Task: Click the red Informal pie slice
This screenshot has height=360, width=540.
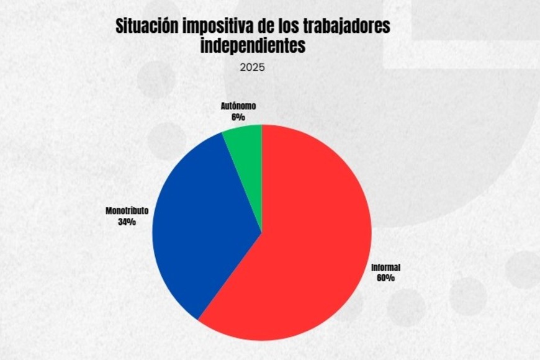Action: pyautogui.click(x=310, y=248)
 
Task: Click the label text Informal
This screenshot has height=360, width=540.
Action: pyautogui.click(x=385, y=268)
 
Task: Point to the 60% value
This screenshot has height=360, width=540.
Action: pyautogui.click(x=385, y=278)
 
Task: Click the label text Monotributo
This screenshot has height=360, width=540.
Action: pyautogui.click(x=127, y=211)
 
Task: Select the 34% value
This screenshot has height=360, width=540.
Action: pyautogui.click(x=127, y=222)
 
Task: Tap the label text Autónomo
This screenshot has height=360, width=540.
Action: pyautogui.click(x=238, y=106)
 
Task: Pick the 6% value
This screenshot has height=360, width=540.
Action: pyautogui.click(x=238, y=116)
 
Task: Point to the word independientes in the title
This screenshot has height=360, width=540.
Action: pyautogui.click(x=253, y=46)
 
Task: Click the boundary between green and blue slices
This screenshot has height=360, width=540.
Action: pyautogui.click(x=242, y=182)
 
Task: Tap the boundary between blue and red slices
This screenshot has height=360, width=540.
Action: pyautogui.click(x=230, y=276)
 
